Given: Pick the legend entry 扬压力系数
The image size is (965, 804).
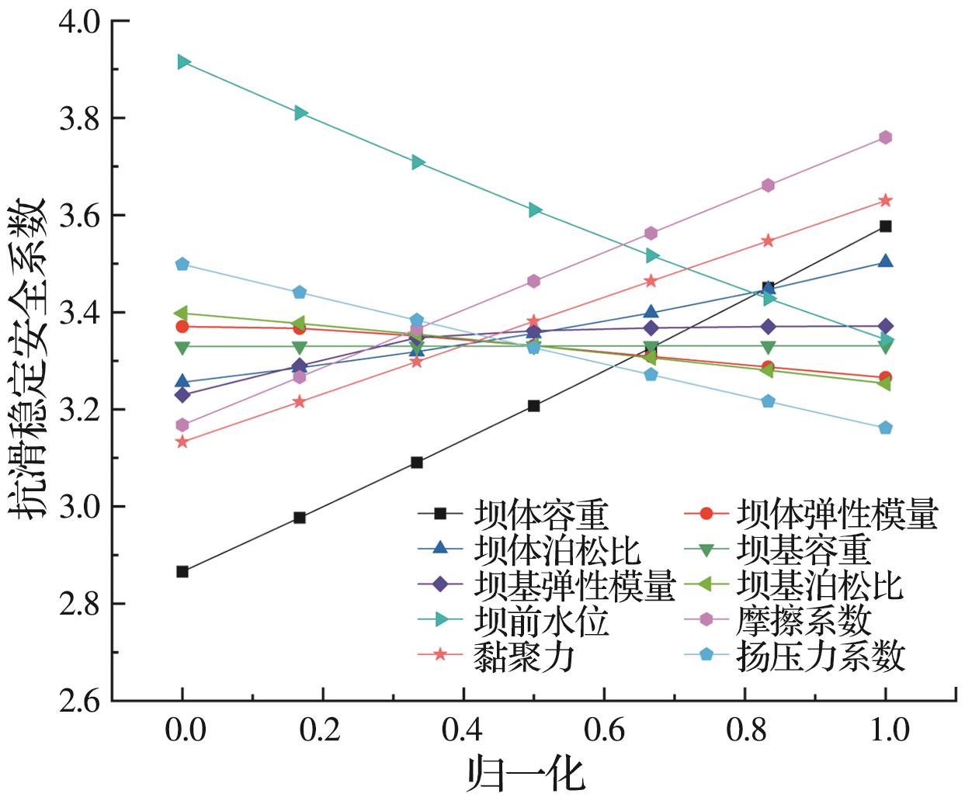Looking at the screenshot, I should tap(820, 656).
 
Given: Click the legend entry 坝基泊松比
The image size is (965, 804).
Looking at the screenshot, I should tap(820, 585).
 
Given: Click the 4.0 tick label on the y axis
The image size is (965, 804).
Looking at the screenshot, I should tap(81, 22).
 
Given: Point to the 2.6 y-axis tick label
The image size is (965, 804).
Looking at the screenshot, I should tap(81, 701).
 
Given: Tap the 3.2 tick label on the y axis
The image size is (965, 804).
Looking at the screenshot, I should tap(81, 410).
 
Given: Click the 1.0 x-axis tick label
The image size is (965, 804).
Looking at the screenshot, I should tap(886, 730).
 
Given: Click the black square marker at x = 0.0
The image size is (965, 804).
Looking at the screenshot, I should tap(182, 572).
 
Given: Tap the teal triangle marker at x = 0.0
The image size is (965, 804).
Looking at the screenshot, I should tap(183, 62).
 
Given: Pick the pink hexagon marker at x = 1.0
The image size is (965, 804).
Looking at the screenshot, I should tap(886, 137).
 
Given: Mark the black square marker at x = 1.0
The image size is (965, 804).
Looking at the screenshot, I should tap(886, 227).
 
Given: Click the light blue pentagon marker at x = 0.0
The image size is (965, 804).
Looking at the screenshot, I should tap(182, 264).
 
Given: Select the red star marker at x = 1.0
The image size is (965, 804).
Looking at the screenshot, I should tap(886, 201).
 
